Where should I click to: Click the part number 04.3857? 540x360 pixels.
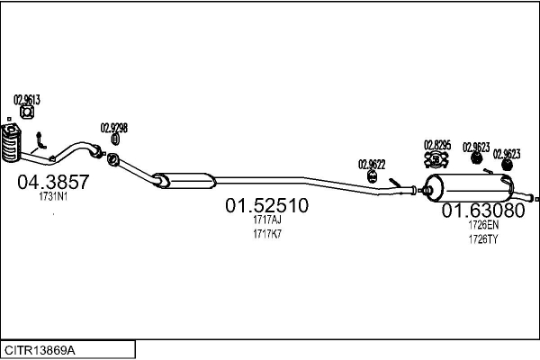(53, 182)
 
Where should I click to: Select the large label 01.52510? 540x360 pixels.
(267, 205)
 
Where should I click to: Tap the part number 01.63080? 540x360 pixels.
(483, 210)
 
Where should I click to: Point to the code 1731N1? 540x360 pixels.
(53, 197)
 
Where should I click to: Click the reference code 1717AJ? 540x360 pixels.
(267, 220)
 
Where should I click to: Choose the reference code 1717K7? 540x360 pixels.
(267, 234)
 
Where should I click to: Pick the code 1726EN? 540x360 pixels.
(483, 225)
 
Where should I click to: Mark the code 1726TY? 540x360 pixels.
(483, 239)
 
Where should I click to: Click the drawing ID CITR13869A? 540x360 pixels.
(40, 351)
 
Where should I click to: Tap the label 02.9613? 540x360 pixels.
(27, 100)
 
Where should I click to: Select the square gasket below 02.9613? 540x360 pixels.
(27, 112)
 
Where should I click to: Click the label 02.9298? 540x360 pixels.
(114, 128)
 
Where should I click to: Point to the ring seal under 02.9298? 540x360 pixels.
(115, 139)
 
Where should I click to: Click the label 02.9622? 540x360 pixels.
(372, 165)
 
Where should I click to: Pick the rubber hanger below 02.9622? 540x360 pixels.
(373, 176)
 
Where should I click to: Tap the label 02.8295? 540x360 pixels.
(437, 145)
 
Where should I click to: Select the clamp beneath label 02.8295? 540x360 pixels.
(436, 159)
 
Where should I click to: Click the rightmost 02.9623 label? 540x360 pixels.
(507, 154)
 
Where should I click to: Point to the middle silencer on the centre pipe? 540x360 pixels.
(185, 181)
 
